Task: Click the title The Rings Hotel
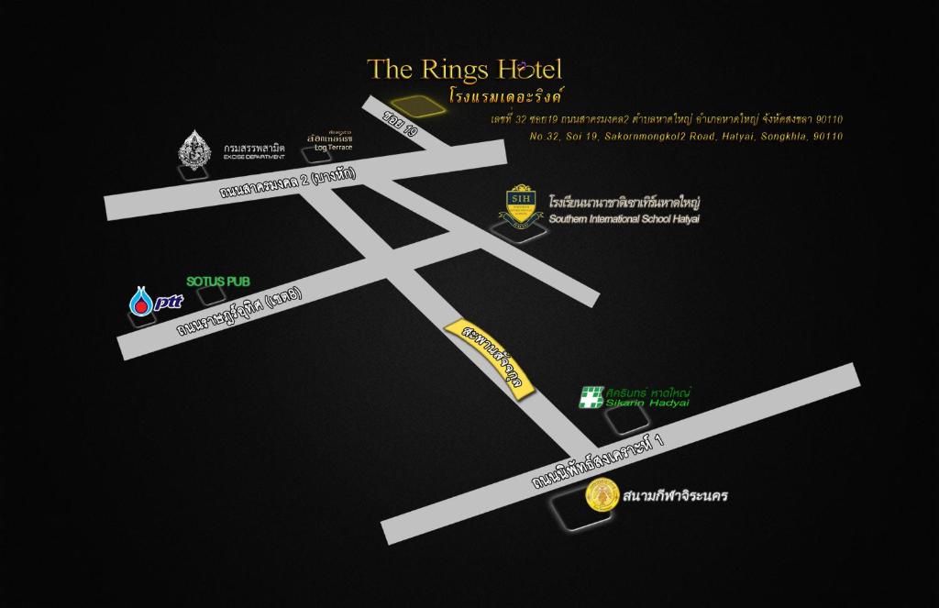coord(464,70)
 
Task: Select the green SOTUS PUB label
coord(218,281)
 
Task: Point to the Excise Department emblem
coord(193,149)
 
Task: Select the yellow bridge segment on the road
coord(490,359)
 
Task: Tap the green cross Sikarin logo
coord(591,398)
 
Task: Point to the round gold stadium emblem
coord(601,497)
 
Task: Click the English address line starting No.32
coord(686,136)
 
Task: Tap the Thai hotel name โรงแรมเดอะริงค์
coord(506,94)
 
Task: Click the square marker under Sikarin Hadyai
coord(626,419)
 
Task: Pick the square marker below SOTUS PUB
coord(213,296)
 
